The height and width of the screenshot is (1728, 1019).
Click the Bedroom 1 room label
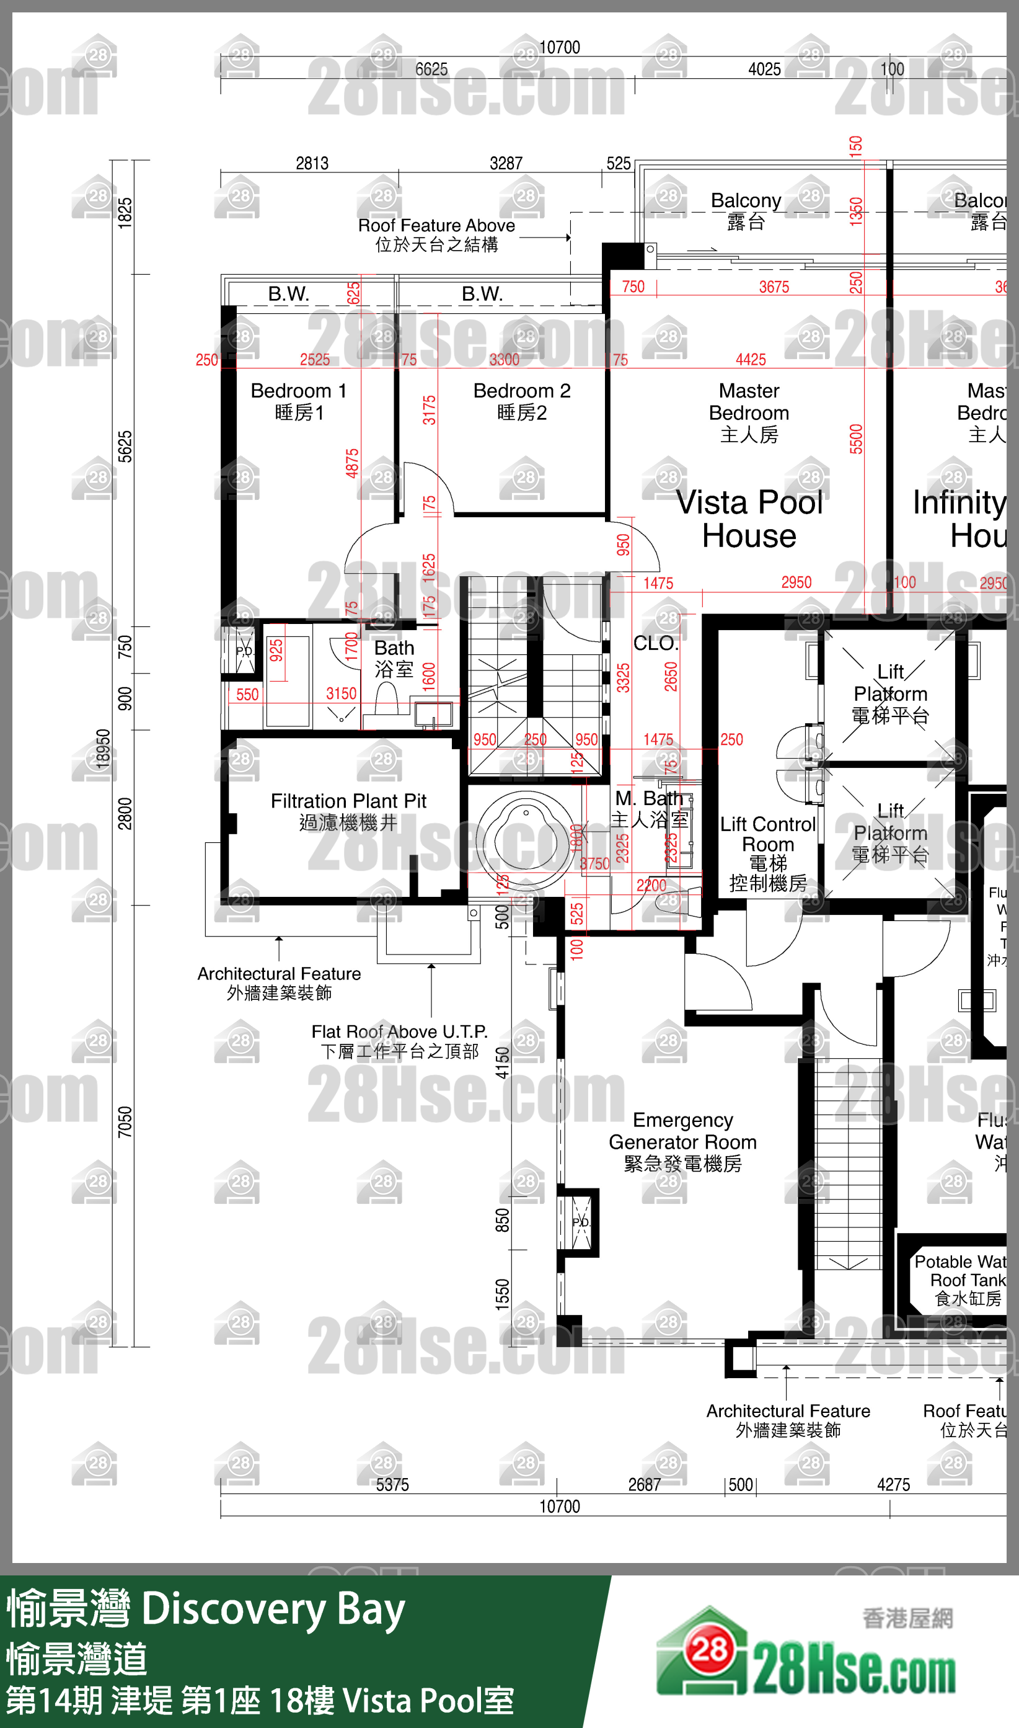[x=298, y=401]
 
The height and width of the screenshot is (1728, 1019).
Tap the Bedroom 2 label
[x=522, y=401]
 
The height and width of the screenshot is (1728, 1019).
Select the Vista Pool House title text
[x=749, y=519]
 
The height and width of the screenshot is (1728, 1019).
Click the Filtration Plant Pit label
[x=348, y=811]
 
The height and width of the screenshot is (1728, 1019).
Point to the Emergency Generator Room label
[x=682, y=1141]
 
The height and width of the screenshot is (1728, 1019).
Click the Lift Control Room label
[x=768, y=853]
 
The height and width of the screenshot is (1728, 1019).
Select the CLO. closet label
[x=656, y=643]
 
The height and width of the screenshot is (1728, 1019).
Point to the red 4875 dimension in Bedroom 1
[x=352, y=463]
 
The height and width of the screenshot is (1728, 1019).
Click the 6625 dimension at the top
[x=431, y=69]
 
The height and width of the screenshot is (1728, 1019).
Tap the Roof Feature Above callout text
[x=437, y=234]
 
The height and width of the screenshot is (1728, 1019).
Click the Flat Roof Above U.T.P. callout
[x=400, y=1041]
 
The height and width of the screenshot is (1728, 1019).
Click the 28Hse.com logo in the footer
[x=806, y=1657]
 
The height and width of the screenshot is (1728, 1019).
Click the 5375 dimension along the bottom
[x=392, y=1485]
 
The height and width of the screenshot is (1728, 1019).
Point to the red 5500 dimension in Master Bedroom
[x=855, y=439]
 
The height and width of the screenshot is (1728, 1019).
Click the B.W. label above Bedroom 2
[x=482, y=294]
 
